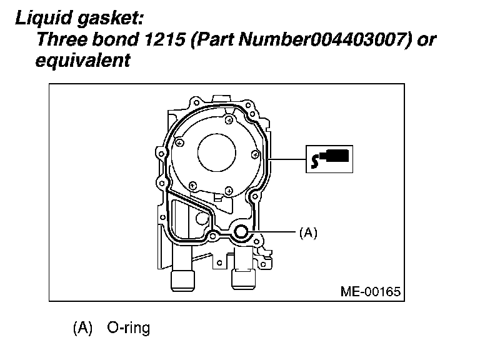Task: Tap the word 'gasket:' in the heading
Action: click(x=110, y=19)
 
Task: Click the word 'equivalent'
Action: click(x=83, y=61)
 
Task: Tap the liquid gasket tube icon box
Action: click(x=329, y=159)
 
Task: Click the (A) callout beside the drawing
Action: click(x=308, y=233)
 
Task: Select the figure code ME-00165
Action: click(x=371, y=291)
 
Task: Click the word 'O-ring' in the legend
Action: click(x=129, y=328)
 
